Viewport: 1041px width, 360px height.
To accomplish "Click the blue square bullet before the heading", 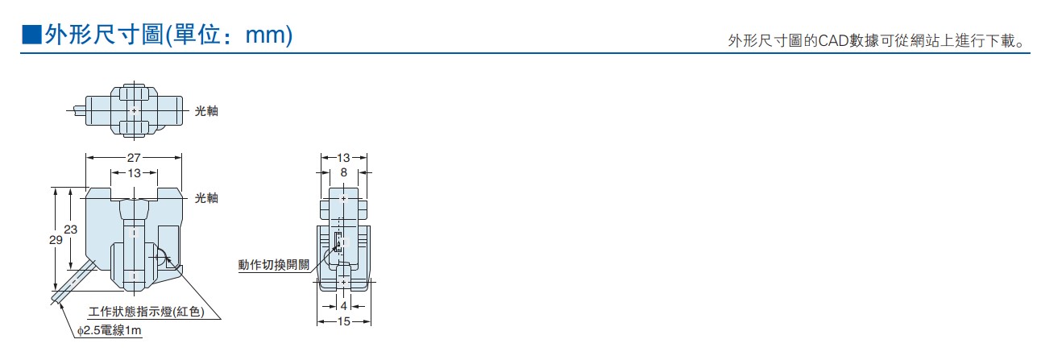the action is click(x=31, y=35).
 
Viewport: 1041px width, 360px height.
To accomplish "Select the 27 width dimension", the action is click(x=134, y=158).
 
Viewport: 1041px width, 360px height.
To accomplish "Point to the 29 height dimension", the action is click(x=56, y=240).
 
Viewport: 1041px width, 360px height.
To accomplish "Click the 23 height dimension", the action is click(x=71, y=230).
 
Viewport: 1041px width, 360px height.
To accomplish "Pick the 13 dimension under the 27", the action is click(x=134, y=173).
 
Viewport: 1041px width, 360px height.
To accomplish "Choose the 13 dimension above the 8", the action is click(x=343, y=158).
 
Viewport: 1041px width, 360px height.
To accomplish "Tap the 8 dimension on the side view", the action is click(x=343, y=173).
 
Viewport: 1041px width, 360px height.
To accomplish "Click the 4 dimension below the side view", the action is click(x=343, y=306).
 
